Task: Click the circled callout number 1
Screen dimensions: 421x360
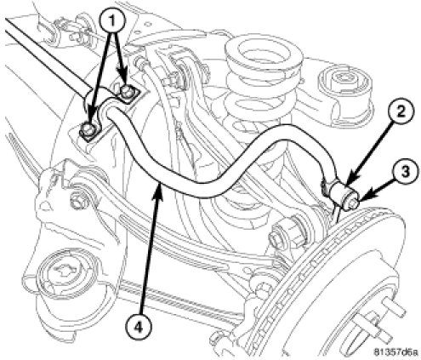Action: (x=112, y=20)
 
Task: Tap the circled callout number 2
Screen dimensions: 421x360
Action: (x=400, y=113)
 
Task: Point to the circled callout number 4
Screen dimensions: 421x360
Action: (x=138, y=328)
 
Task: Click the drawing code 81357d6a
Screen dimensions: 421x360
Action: (x=396, y=352)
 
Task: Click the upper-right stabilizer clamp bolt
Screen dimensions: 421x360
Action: (x=127, y=90)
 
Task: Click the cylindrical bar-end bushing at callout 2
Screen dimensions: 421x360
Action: (x=342, y=195)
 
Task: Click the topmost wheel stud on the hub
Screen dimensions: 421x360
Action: (x=393, y=309)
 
